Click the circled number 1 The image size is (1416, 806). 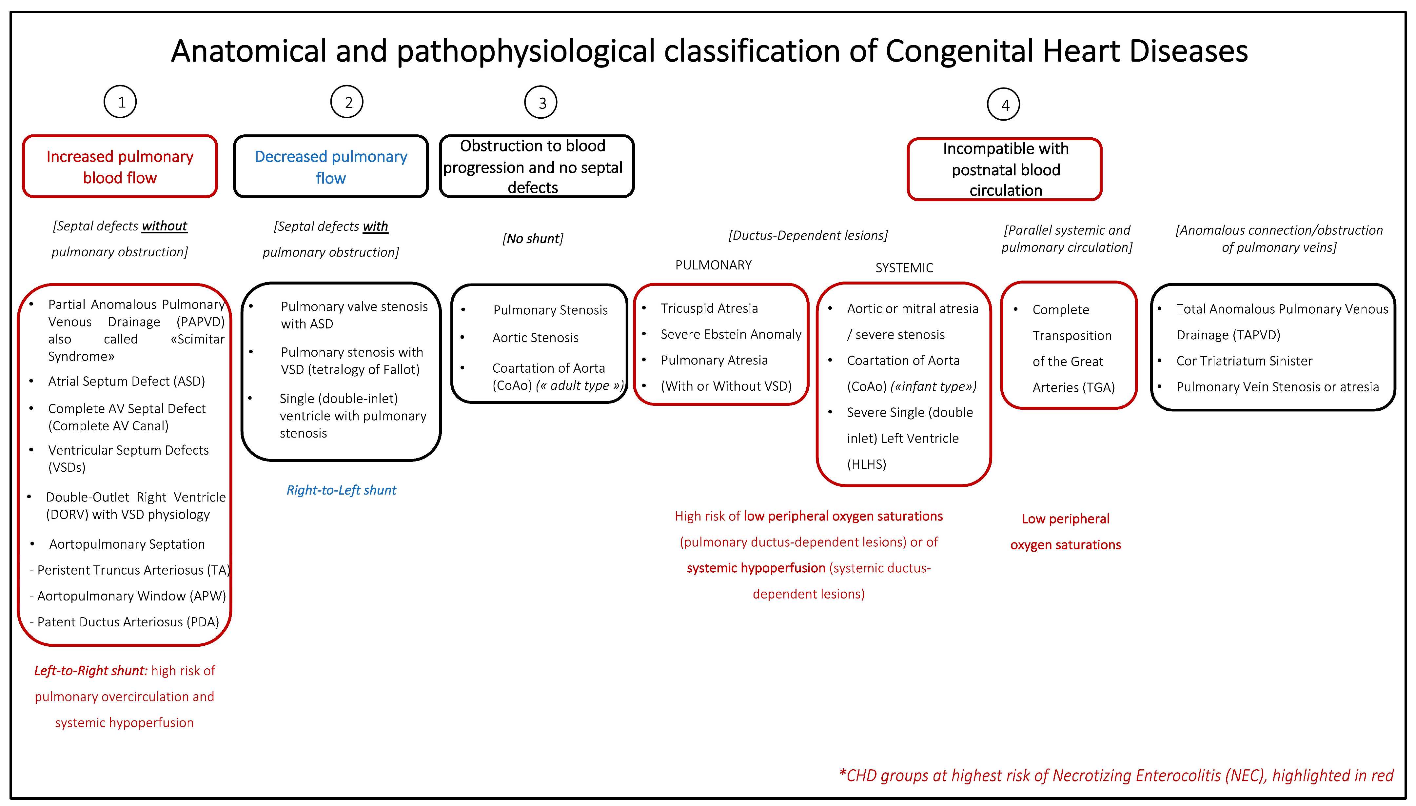click(120, 102)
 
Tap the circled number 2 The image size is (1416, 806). click(347, 102)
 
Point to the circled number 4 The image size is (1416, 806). click(1004, 104)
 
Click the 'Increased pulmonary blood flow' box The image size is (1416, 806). click(120, 167)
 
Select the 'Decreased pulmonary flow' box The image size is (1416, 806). click(331, 167)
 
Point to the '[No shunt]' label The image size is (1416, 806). click(533, 239)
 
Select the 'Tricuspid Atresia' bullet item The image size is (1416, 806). click(709, 308)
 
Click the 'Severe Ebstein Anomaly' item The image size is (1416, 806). click(731, 334)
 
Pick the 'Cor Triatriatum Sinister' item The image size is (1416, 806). click(1244, 361)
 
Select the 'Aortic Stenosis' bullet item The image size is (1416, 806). click(535, 338)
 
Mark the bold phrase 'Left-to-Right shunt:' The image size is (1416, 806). click(91, 671)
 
